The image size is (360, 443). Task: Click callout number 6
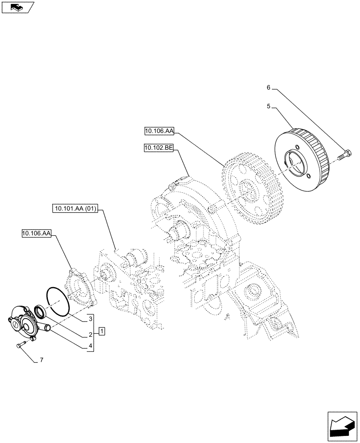click(x=268, y=88)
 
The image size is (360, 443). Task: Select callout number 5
click(x=268, y=106)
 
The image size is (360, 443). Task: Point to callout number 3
click(x=90, y=319)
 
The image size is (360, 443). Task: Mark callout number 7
click(x=41, y=361)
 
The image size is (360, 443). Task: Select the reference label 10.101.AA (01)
click(x=76, y=207)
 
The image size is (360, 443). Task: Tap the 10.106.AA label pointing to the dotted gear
click(x=159, y=130)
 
